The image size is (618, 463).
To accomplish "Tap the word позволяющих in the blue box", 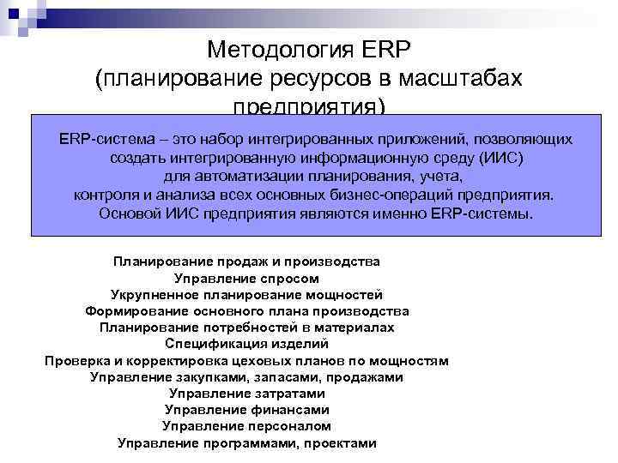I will click(x=522, y=139).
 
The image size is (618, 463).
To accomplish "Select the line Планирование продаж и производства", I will click(x=246, y=261).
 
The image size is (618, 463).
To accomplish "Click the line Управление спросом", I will click(x=246, y=278).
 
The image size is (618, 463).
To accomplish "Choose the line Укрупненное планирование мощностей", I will click(x=246, y=294).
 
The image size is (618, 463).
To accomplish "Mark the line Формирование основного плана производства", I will click(x=246, y=310).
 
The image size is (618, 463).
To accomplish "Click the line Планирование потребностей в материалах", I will click(x=246, y=328).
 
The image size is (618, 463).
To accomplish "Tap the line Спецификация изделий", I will click(x=246, y=344).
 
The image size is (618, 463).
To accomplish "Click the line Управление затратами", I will click(x=246, y=394).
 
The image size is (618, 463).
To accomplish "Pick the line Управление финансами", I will click(x=246, y=410).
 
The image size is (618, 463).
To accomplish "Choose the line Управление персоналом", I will click(x=246, y=426).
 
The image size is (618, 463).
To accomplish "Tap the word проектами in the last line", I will click(x=342, y=443).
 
